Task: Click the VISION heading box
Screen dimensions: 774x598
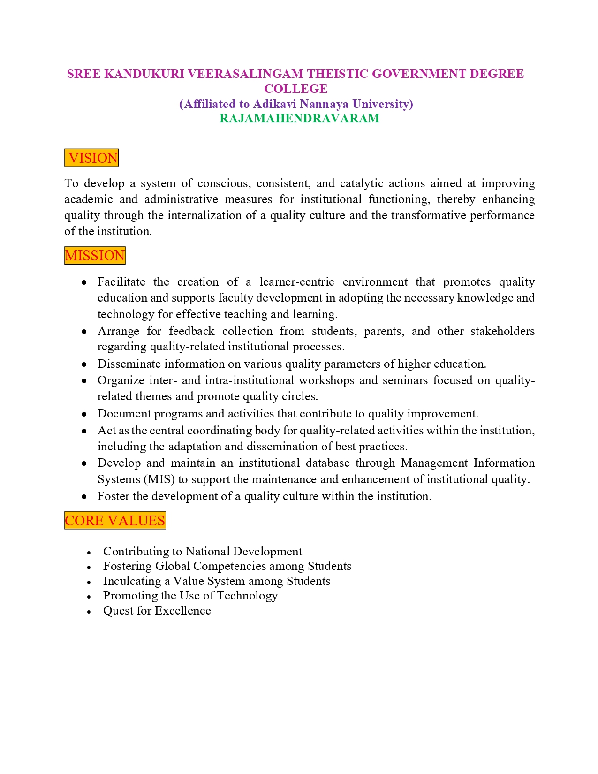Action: [x=91, y=158]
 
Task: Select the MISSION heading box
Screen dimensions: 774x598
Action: [x=95, y=256]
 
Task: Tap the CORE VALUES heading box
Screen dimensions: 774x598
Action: [x=115, y=521]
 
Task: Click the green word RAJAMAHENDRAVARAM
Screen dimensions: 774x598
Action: [x=299, y=118]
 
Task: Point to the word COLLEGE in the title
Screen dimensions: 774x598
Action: [x=295, y=89]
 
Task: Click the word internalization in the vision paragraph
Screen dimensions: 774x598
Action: [x=207, y=215]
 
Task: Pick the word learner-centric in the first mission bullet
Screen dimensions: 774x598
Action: [x=297, y=282]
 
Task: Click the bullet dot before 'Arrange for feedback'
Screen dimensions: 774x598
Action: [x=84, y=332]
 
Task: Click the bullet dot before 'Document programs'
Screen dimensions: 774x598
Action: [x=84, y=414]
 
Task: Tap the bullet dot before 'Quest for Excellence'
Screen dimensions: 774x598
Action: [x=89, y=612]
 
